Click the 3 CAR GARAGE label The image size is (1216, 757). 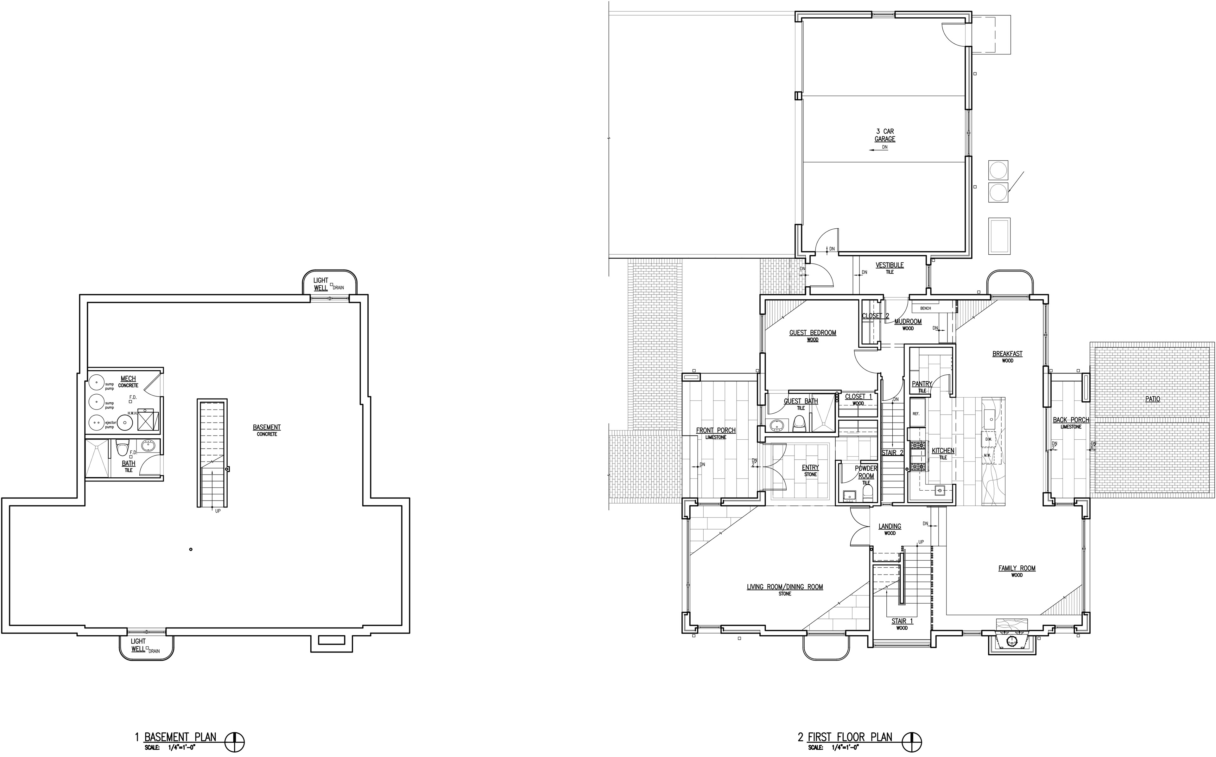coord(885,135)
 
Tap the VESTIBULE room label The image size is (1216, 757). coord(889,265)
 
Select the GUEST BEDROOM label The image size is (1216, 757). coord(813,333)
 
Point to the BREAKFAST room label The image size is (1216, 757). coord(1007,354)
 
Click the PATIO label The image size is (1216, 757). coord(1152,399)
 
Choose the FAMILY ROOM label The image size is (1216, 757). coord(1017,568)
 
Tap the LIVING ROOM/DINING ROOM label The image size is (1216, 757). coord(785,587)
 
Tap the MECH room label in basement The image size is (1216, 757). coord(128,378)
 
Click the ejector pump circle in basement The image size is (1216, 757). coord(96,423)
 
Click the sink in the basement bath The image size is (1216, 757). coord(148,445)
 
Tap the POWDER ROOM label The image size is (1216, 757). coord(866,472)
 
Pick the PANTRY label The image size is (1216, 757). coord(922,384)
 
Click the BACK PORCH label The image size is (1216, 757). coord(1070,420)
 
